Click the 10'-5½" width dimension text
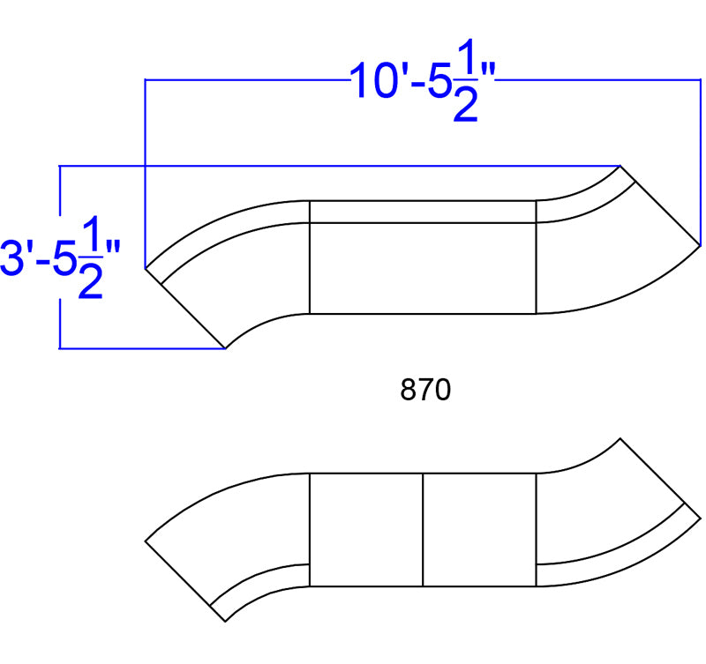423,81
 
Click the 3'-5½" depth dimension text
61,257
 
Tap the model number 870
425,390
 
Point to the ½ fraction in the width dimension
466,80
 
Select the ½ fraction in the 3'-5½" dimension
91,257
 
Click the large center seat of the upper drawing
423,268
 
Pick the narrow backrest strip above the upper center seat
423,212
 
